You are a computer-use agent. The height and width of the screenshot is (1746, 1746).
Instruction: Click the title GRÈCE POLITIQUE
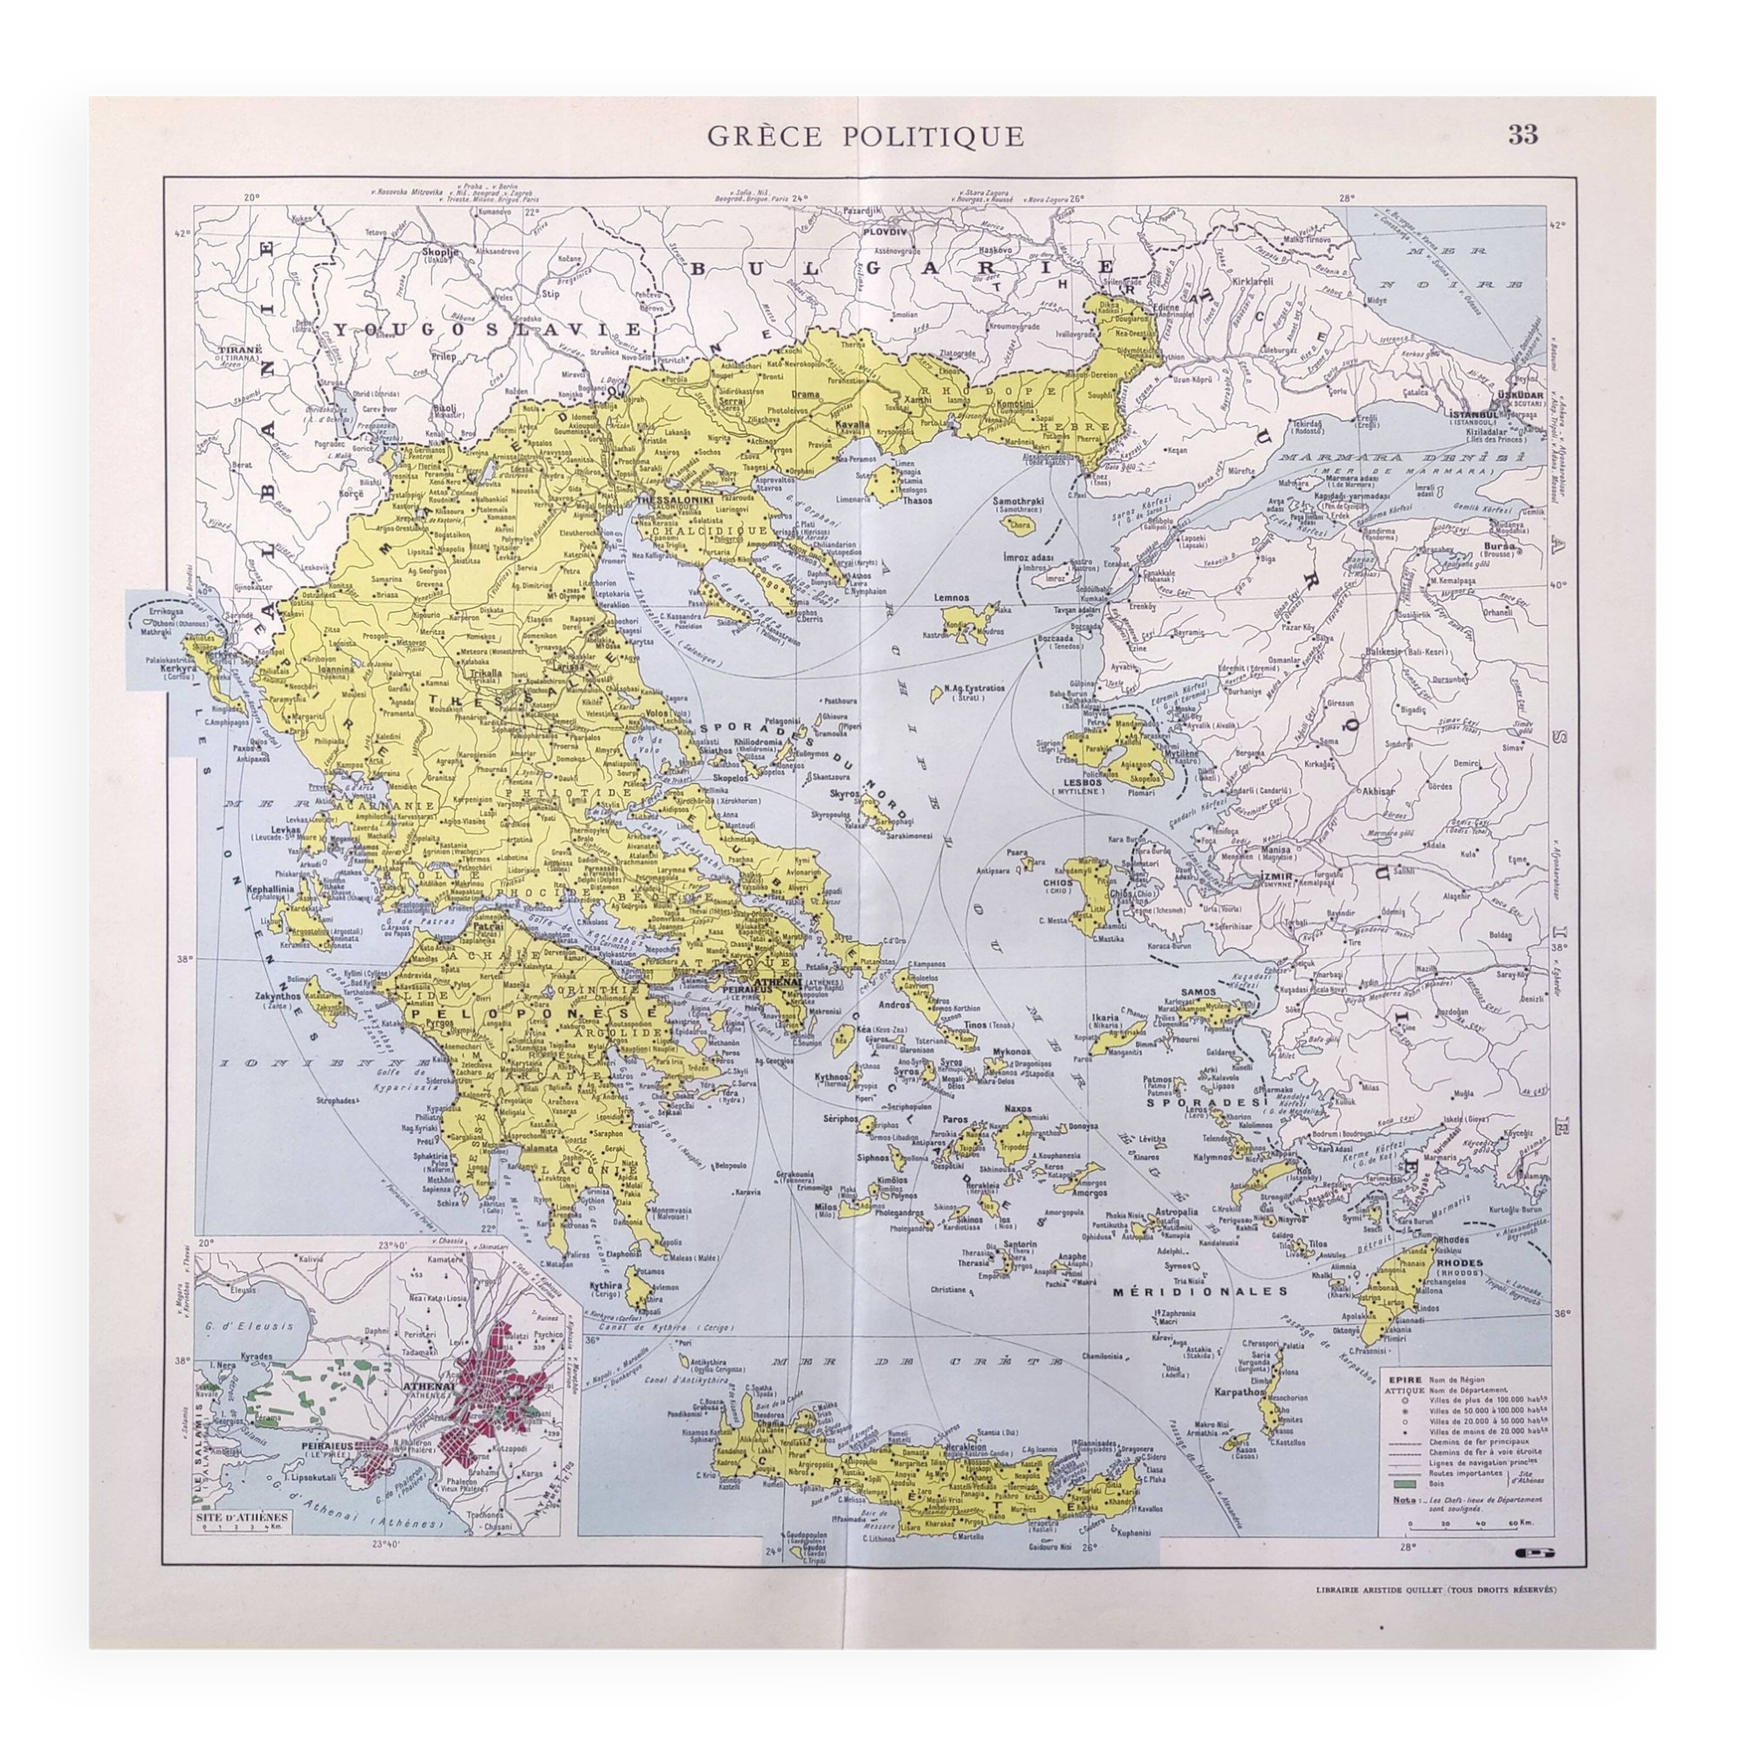865,136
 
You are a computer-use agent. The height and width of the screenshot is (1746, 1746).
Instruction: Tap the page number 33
1522,134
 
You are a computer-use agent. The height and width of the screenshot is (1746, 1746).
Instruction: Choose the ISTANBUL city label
1474,415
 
